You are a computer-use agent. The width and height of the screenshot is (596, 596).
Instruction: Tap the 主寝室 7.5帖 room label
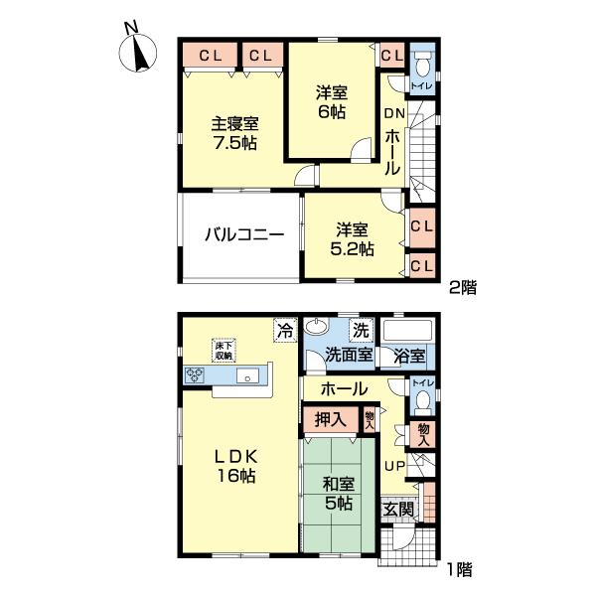[x=234, y=134]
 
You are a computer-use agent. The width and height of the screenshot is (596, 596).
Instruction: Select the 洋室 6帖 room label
[x=332, y=101]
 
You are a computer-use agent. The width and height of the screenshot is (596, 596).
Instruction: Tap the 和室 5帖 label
[x=338, y=494]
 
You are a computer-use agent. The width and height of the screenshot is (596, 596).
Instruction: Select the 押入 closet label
[x=331, y=420]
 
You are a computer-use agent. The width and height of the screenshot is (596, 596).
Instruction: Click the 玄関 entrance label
[x=400, y=510]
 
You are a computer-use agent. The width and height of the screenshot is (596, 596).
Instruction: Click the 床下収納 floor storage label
[x=223, y=350]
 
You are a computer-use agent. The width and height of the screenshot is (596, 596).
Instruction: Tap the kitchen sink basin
[x=248, y=375]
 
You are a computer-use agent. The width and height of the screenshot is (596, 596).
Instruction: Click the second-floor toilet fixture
[x=421, y=67]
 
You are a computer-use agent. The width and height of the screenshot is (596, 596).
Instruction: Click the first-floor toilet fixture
[x=421, y=400]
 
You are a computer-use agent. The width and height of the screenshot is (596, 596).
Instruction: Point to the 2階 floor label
[x=463, y=289]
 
